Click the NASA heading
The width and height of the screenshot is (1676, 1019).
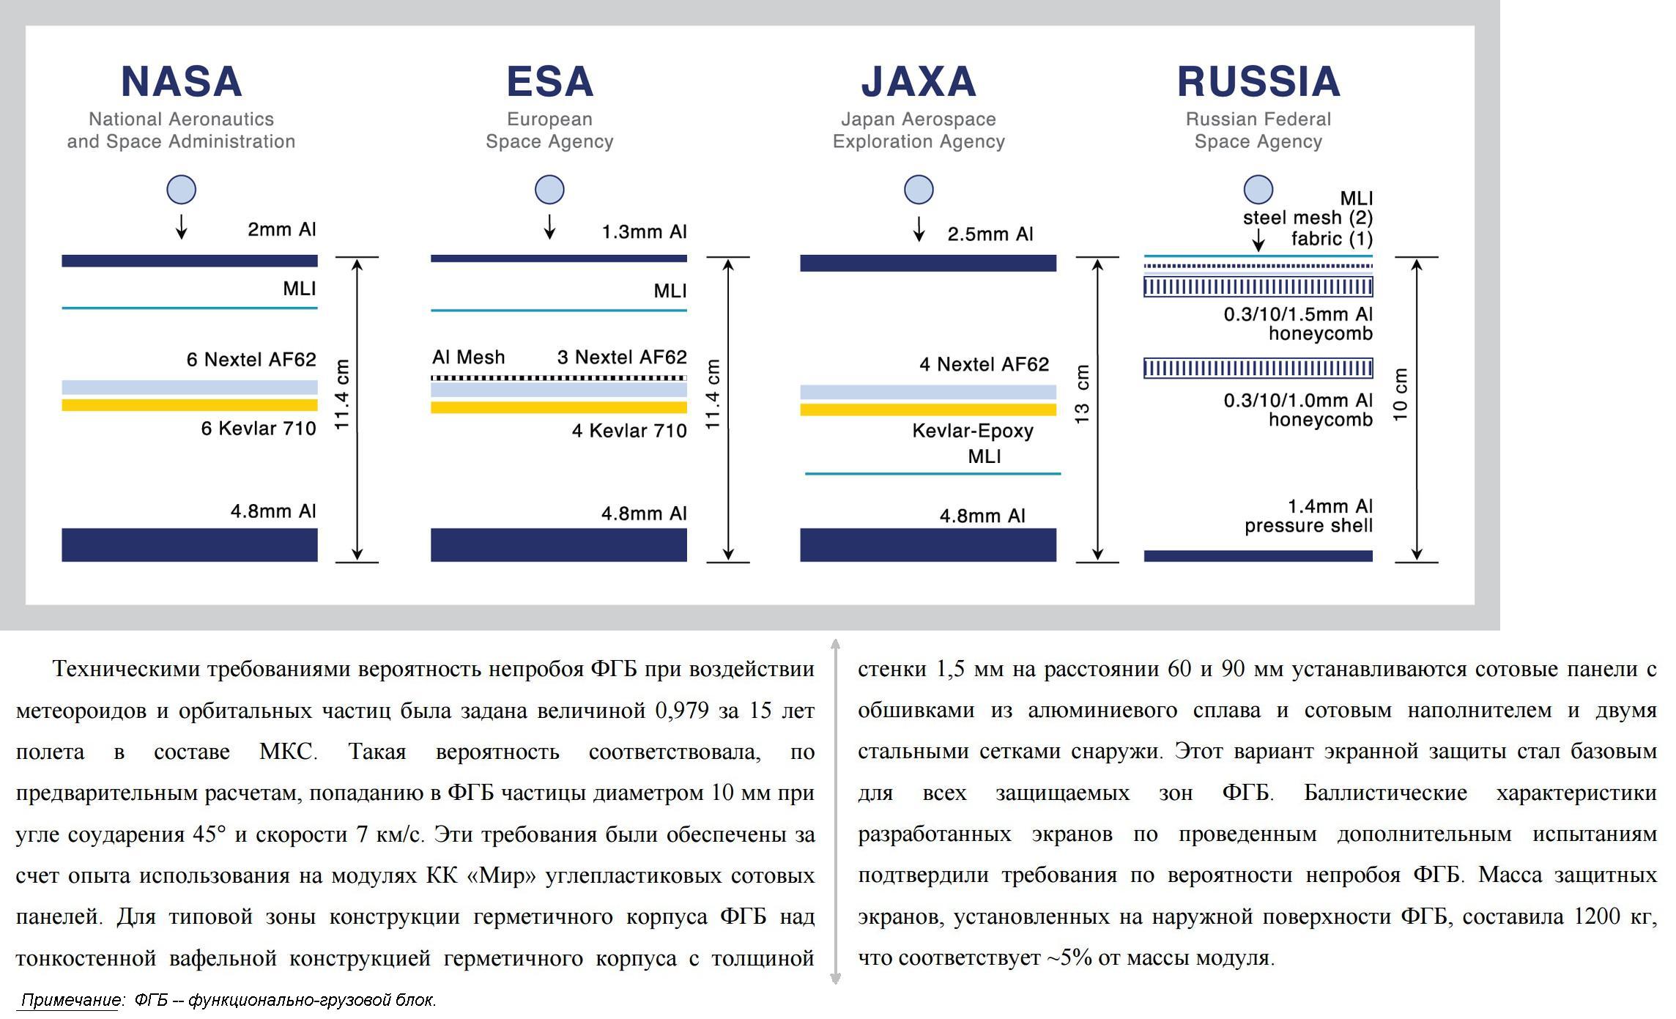pos(181,81)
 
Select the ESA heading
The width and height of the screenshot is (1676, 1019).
pos(549,81)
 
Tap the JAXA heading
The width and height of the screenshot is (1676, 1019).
pos(919,81)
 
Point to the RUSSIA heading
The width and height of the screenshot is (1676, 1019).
pos(1258,81)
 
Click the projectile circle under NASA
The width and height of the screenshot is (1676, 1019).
pos(181,190)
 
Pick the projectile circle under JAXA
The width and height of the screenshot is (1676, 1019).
pos(919,190)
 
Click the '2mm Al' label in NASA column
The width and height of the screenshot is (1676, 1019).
pos(281,229)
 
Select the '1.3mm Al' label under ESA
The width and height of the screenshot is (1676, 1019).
pos(644,232)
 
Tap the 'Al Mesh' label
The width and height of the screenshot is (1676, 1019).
pos(468,357)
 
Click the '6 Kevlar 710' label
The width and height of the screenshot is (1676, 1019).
pos(259,429)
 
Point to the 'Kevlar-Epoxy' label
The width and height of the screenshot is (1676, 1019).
pos(972,431)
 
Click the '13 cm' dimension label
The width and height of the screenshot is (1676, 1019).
pos(1082,394)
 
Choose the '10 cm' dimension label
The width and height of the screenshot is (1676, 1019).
pos(1400,394)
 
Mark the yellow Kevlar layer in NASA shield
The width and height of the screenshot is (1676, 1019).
pos(189,405)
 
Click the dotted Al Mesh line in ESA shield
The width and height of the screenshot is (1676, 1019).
pos(558,378)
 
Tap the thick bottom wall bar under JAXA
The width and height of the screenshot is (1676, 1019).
pos(927,545)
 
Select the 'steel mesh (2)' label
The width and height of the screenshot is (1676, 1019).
pos(1308,218)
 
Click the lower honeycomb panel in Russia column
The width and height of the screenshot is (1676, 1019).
pos(1258,368)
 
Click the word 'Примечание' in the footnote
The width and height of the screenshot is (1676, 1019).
pos(70,1000)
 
